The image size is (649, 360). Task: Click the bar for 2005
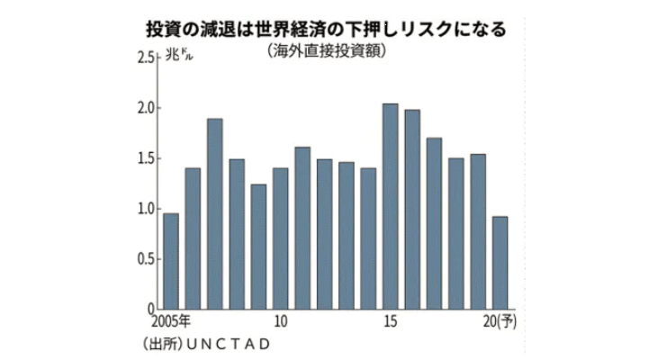171,262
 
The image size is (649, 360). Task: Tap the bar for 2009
259,247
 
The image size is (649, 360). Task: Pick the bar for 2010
281,238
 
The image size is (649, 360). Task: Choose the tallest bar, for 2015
391,207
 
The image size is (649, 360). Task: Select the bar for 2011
302,229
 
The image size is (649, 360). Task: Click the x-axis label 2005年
171,321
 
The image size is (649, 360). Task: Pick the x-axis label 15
391,321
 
